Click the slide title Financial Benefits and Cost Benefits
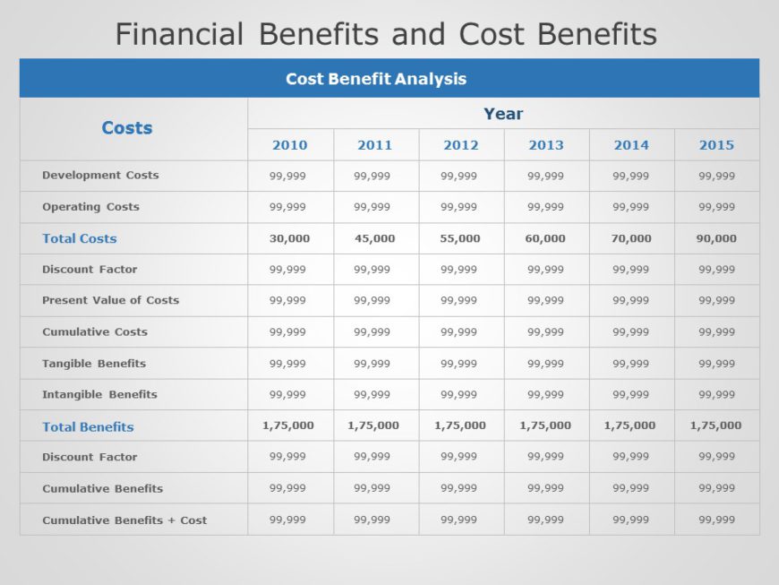tap(386, 34)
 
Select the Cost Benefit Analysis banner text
tap(376, 79)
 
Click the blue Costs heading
tap(127, 128)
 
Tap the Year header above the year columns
tap(503, 114)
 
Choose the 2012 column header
tap(460, 145)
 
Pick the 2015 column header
tap(716, 145)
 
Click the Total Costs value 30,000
tap(289, 238)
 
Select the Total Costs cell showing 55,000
tap(460, 238)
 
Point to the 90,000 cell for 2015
tap(716, 238)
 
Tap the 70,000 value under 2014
tap(631, 238)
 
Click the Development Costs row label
tap(100, 175)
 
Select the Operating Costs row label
tap(90, 207)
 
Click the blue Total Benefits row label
tap(88, 427)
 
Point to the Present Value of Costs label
tap(110, 300)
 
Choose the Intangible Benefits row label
tap(99, 394)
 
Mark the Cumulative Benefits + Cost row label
tap(124, 520)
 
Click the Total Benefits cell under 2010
tap(288, 426)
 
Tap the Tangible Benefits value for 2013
tap(545, 364)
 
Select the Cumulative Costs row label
tap(95, 332)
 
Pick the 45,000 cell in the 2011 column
tap(374, 238)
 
